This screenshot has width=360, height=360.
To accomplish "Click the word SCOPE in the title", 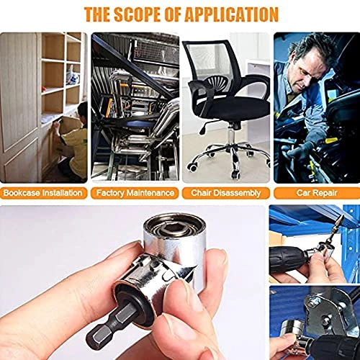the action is [x=138, y=14].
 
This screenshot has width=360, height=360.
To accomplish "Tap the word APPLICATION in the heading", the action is [x=232, y=14].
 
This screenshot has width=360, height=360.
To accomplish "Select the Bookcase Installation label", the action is [x=42, y=193].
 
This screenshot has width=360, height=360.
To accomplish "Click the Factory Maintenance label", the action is [x=135, y=193].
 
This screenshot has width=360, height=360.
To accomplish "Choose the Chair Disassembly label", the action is [x=226, y=193].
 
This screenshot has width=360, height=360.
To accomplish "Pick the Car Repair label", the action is [x=317, y=193].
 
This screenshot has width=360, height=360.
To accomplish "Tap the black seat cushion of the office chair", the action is [x=236, y=108].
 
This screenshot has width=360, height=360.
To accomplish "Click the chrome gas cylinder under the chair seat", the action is [x=233, y=135].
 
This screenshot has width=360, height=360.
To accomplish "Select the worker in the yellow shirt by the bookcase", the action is [x=71, y=142].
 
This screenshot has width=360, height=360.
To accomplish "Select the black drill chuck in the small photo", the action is [x=288, y=261].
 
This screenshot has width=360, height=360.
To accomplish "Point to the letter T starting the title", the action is [x=89, y=14].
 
